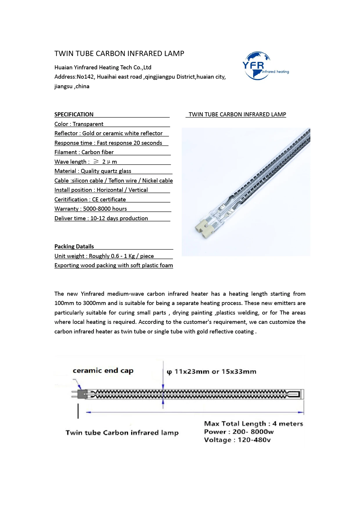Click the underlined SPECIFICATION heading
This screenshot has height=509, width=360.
pos(74,114)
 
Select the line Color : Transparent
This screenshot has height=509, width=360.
pos(79,124)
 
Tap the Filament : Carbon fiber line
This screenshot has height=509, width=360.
pos(84,152)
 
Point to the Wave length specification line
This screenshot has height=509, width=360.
pos(86,162)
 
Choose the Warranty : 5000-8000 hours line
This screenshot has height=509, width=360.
pos(91,209)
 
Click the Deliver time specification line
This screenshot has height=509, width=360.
pos(101,218)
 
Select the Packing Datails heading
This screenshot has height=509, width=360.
pos(74,246)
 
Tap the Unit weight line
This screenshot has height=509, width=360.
pos(104,256)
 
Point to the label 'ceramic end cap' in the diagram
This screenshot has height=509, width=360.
pos(103,371)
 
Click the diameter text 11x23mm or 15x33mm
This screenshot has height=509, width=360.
pos(212,372)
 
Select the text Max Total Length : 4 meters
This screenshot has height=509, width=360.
pos(253,424)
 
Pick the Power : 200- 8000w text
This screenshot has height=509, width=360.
pos(239,432)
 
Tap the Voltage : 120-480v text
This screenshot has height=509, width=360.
pos(237,440)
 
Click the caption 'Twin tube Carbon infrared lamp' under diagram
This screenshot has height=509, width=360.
pos(122,433)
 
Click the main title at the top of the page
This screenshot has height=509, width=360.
pos(119,54)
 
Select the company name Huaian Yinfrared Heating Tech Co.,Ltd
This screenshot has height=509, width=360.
pos(103,67)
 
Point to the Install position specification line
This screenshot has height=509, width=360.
pos(101,190)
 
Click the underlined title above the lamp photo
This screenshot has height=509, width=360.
pos(237,114)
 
